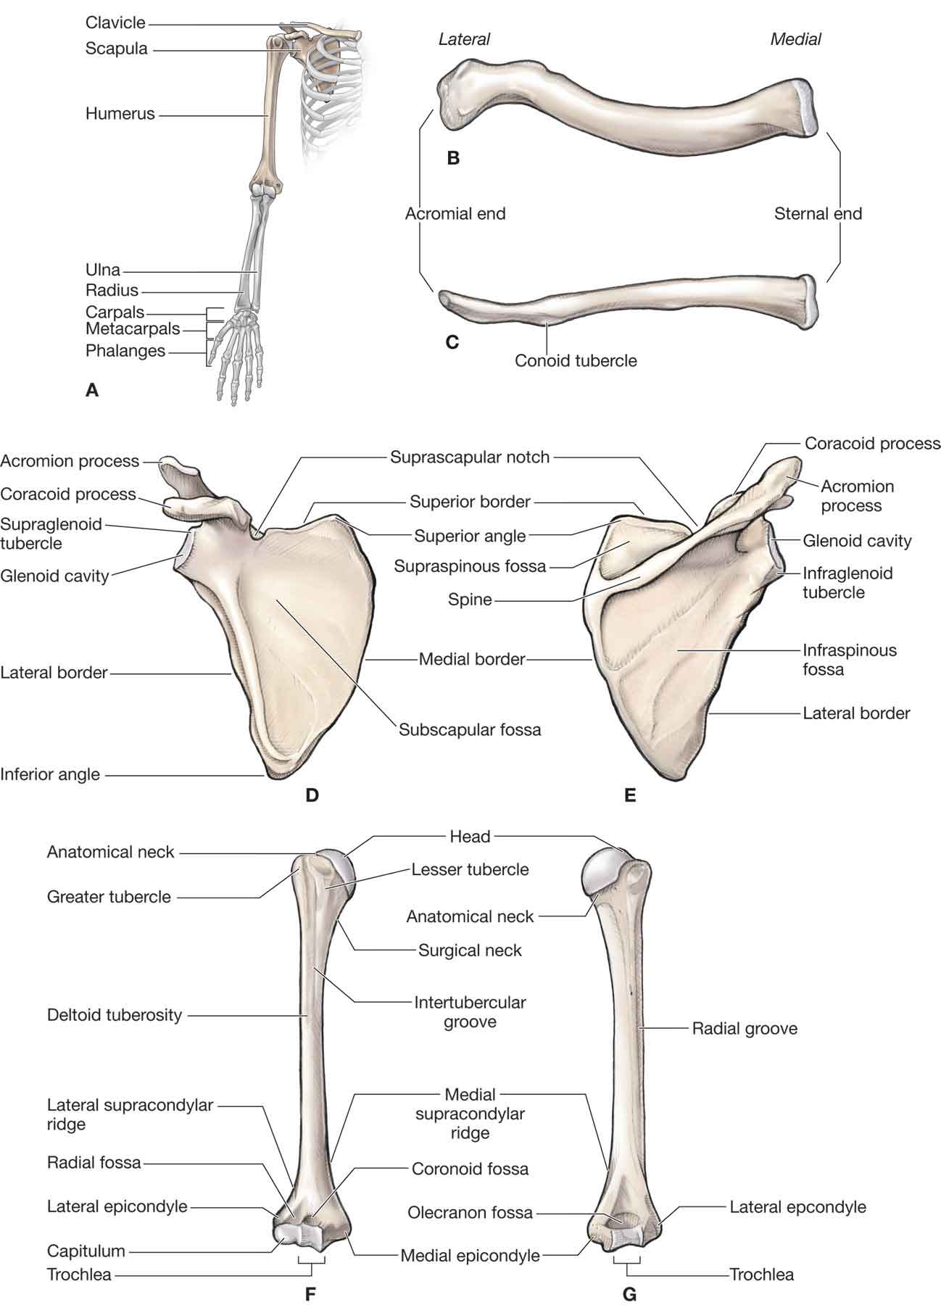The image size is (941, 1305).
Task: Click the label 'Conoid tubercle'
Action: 576,360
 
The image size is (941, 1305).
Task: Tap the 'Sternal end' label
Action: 818,214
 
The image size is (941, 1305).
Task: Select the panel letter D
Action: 312,795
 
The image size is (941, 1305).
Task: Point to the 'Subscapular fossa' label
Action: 470,729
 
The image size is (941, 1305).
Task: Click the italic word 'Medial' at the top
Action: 795,39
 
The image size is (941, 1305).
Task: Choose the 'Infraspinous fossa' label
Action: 849,660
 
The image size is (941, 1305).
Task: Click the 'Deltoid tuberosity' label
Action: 115,1014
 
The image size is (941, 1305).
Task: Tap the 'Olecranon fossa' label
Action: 470,1212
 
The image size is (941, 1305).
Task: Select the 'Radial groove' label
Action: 745,1028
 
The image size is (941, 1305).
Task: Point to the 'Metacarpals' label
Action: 133,328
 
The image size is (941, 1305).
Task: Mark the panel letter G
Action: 629,1293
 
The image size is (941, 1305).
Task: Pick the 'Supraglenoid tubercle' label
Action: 51,533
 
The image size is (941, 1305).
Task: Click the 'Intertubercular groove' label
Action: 470,1012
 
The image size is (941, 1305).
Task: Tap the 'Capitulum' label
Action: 86,1251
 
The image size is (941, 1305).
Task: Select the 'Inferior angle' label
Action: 50,774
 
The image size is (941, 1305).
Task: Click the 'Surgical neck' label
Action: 470,950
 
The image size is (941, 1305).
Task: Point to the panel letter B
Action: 453,157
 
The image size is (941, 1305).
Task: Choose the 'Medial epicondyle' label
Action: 470,1255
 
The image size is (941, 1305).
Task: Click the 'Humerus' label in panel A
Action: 120,114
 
